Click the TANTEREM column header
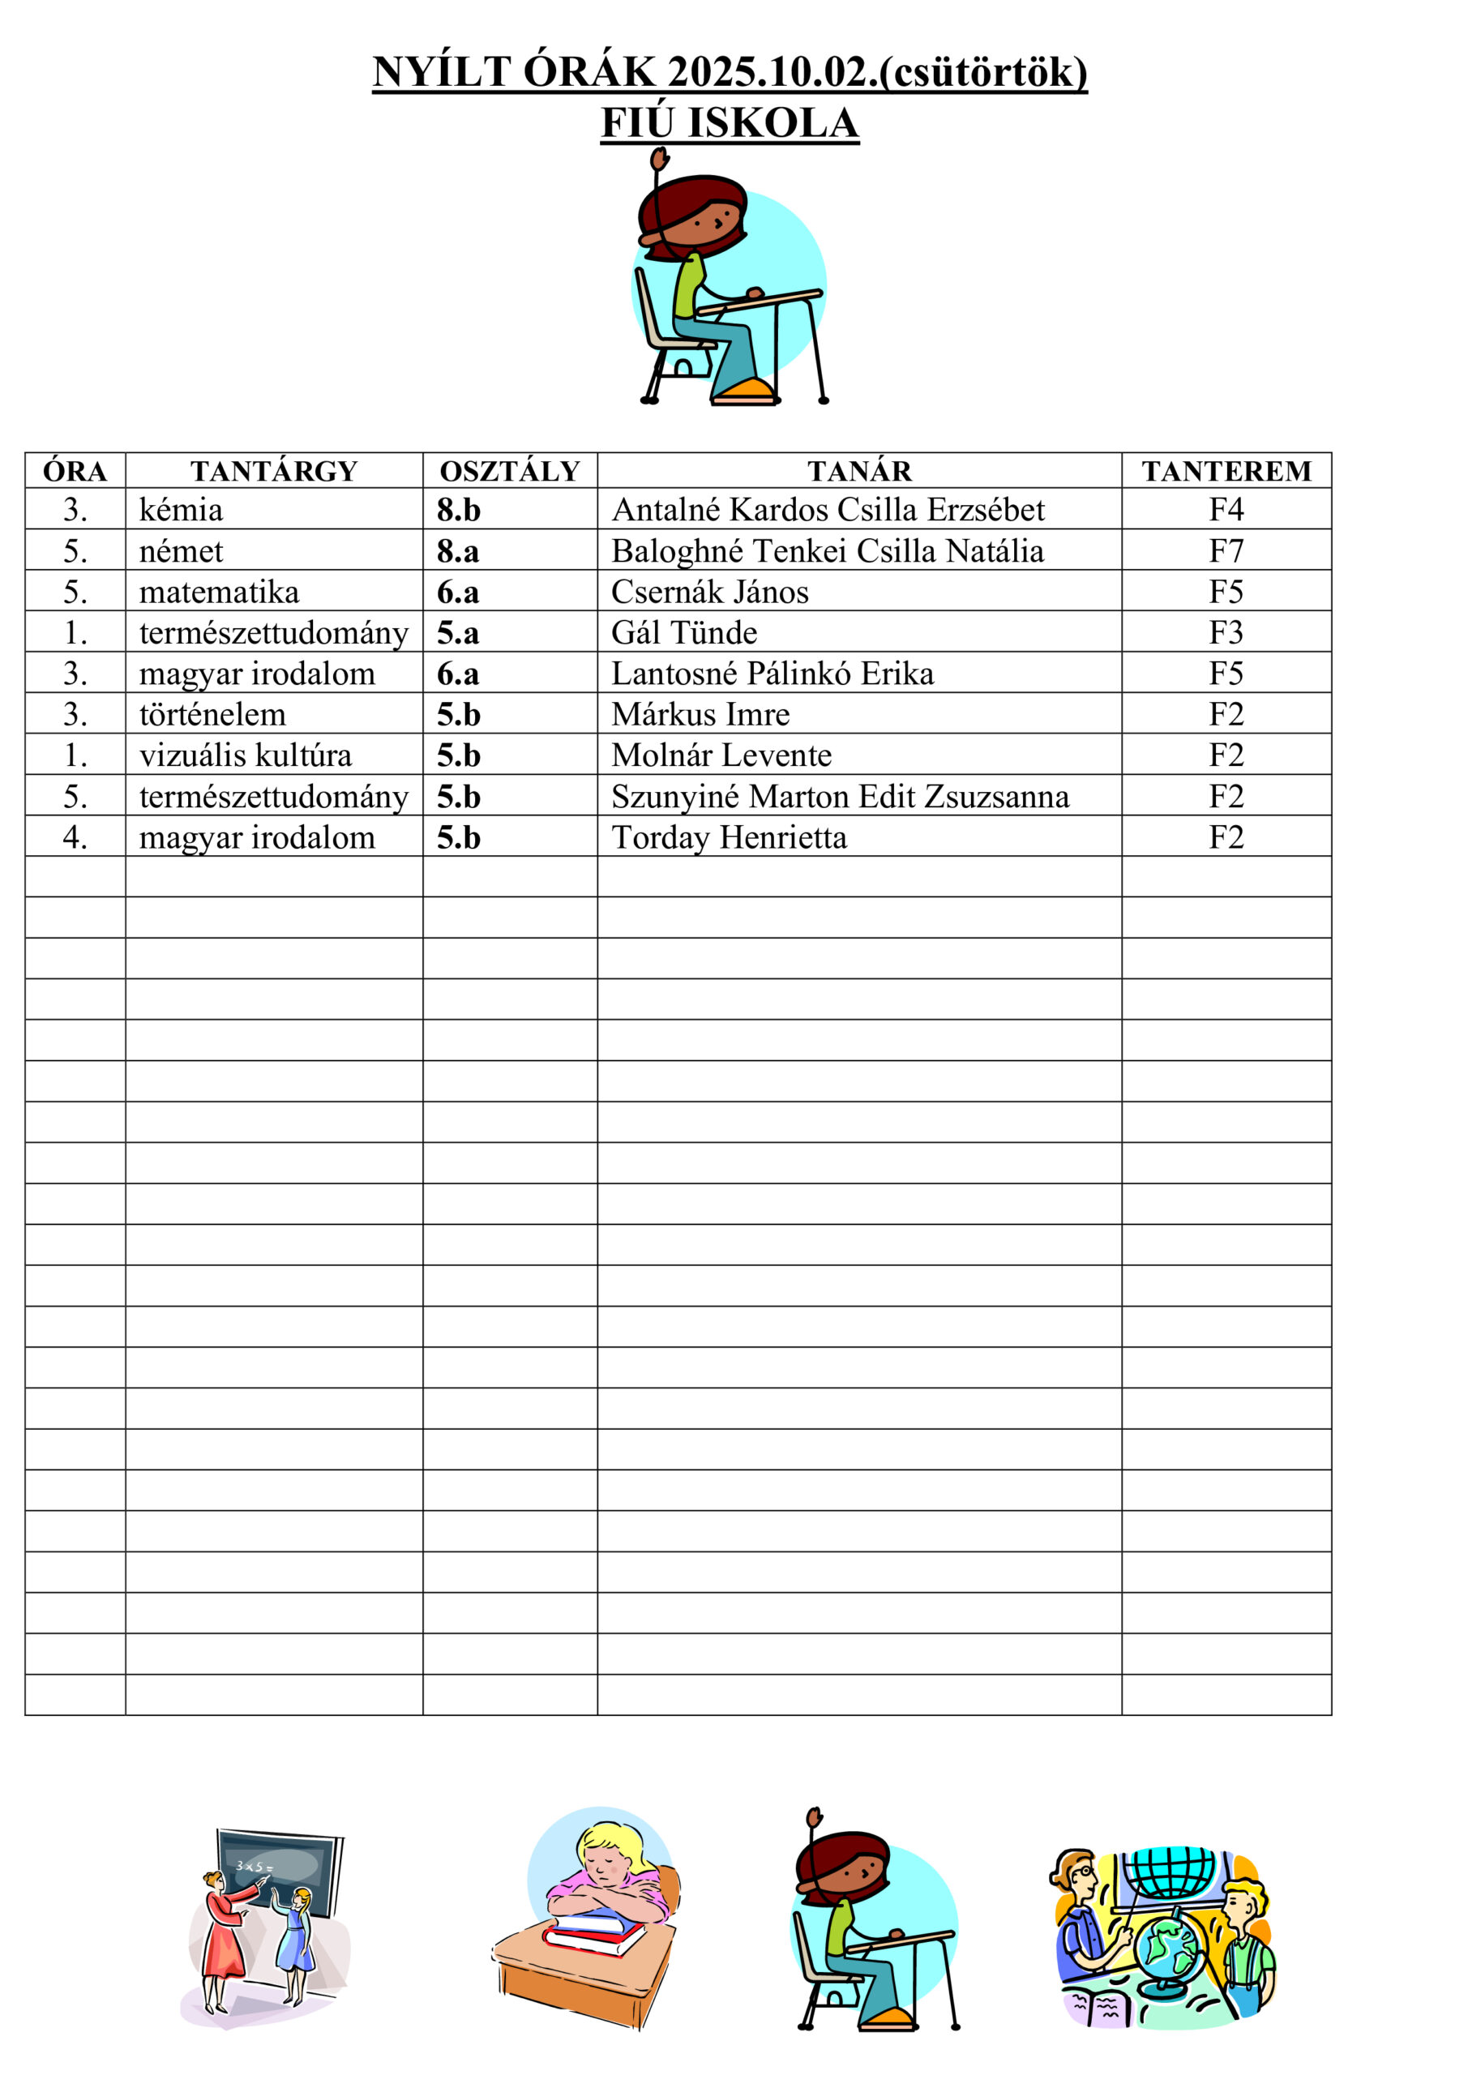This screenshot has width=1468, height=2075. (x=1226, y=471)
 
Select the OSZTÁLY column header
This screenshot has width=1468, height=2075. (x=510, y=471)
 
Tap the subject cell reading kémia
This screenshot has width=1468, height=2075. (x=181, y=510)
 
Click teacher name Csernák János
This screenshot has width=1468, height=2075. (x=709, y=592)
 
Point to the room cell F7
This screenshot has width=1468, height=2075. (x=1226, y=550)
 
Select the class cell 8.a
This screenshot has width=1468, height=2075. (x=458, y=550)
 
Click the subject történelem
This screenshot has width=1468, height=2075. (x=212, y=715)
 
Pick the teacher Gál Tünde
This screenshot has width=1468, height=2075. (x=684, y=632)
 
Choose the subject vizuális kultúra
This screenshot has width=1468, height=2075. (x=245, y=755)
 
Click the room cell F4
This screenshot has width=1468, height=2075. (x=1226, y=510)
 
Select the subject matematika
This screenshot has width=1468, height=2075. (x=219, y=592)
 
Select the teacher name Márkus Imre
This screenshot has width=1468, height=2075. (x=700, y=715)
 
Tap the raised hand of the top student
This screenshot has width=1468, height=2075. (x=659, y=160)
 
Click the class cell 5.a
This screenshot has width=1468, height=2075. (x=458, y=632)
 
